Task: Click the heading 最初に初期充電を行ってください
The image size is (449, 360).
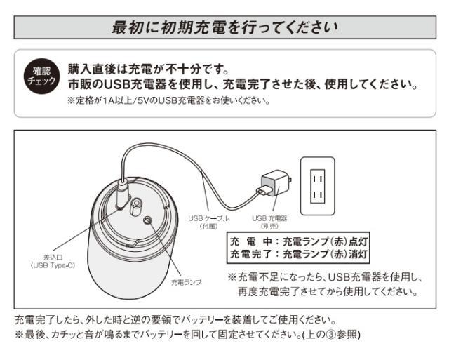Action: click(224, 29)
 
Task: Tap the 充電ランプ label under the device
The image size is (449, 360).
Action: click(186, 281)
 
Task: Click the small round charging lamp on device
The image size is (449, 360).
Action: click(149, 220)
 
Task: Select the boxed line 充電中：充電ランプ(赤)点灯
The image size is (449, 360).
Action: click(300, 242)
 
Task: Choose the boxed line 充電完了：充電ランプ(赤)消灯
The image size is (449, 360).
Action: click(300, 254)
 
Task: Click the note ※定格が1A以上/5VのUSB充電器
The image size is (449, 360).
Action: click(168, 100)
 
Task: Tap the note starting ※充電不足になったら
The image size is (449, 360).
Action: click(323, 276)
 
